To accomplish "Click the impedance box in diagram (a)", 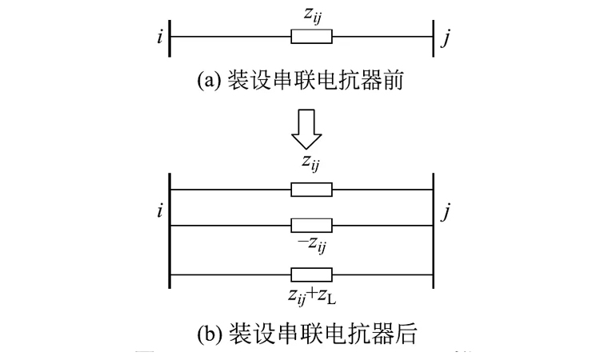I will click(311, 37).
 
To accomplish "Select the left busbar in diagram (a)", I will click(170, 38).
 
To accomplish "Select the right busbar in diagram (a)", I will click(433, 38).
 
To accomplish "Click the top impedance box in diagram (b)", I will click(311, 190).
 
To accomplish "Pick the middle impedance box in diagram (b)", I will click(311, 225).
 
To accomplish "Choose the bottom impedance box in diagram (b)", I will click(311, 274).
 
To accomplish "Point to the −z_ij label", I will click(312, 244).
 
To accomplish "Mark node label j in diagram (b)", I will click(448, 212).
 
